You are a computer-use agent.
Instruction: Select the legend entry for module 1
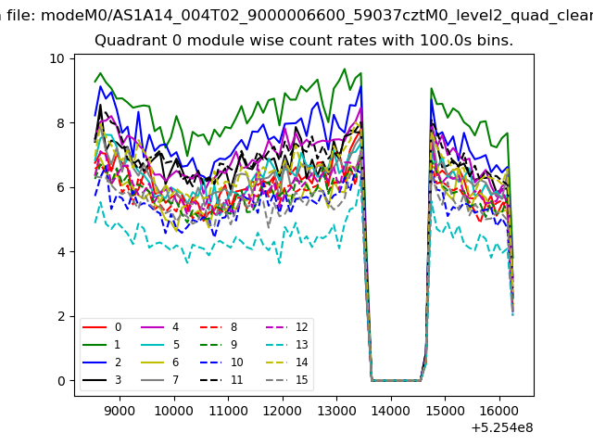coord(101,345)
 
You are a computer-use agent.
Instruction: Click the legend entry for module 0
coord(101,327)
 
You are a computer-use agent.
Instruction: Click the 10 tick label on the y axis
coord(57,58)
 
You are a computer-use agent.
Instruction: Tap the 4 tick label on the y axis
coord(61,251)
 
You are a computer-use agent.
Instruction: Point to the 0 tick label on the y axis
coord(61,381)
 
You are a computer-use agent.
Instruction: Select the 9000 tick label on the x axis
coord(120,411)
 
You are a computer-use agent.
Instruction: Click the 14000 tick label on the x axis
coord(391,411)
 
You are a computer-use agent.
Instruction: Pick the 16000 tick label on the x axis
coord(499,411)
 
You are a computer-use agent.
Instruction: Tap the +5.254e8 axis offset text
coord(502,428)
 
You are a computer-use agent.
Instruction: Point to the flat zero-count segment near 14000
coord(396,380)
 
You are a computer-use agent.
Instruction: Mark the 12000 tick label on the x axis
coord(283,411)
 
